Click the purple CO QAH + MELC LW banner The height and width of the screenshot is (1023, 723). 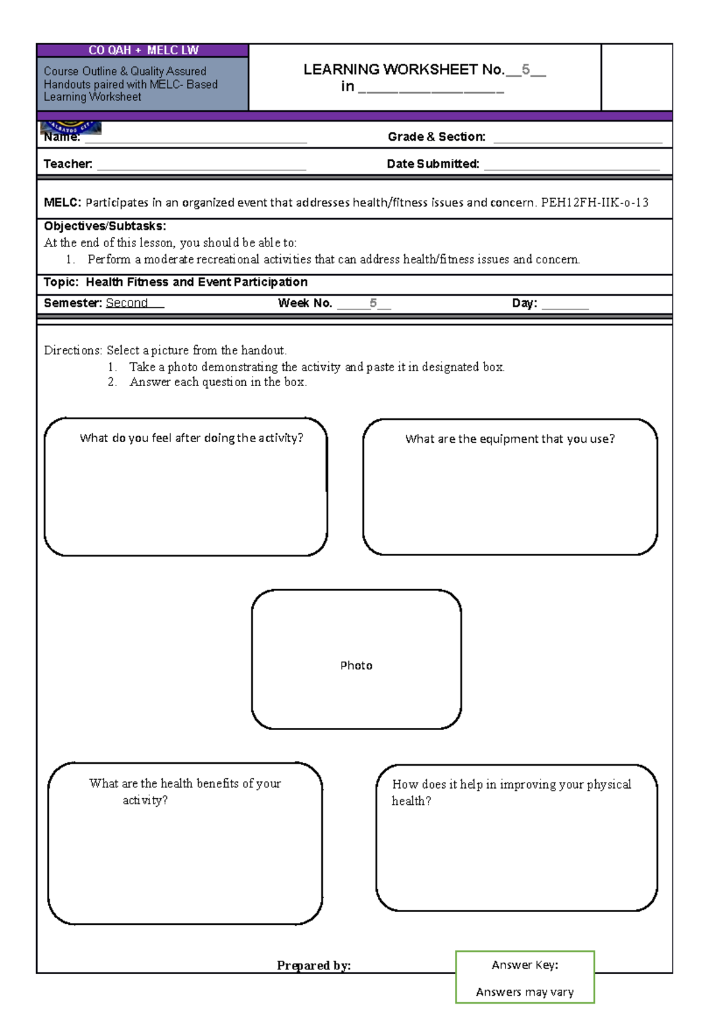(x=143, y=51)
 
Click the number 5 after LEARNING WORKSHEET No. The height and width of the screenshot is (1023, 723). (x=525, y=70)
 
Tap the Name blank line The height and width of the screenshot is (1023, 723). (x=196, y=139)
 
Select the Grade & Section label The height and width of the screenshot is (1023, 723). (x=436, y=137)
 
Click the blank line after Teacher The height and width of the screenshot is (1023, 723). (x=201, y=166)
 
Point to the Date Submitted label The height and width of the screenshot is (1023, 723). (x=433, y=164)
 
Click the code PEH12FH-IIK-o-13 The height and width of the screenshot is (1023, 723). (x=594, y=203)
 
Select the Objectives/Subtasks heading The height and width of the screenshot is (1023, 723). (x=105, y=227)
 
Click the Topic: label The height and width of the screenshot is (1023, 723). (x=61, y=283)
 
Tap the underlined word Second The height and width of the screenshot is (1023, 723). (x=127, y=303)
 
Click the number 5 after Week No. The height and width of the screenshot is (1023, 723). (x=373, y=303)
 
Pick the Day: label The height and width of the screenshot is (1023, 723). (x=524, y=304)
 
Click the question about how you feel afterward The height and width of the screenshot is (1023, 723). (x=191, y=438)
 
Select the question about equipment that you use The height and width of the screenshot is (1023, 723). (x=510, y=439)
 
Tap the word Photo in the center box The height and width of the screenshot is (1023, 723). (x=356, y=666)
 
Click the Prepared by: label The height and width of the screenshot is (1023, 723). (x=313, y=966)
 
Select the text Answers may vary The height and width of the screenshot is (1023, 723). (x=524, y=992)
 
